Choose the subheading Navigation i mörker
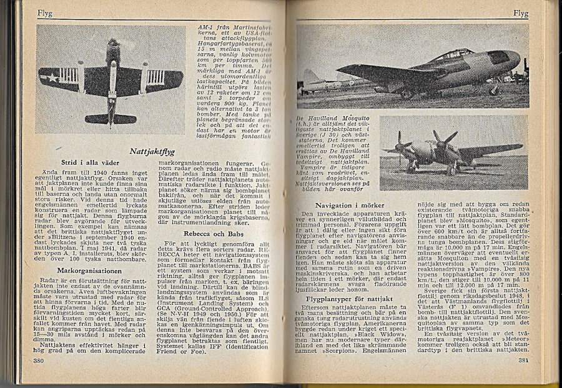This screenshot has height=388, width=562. pyautogui.click(x=350, y=205)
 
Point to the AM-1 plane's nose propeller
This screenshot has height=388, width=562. pyautogui.click(x=112, y=45)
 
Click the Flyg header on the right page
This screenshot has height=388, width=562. pyautogui.click(x=521, y=12)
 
